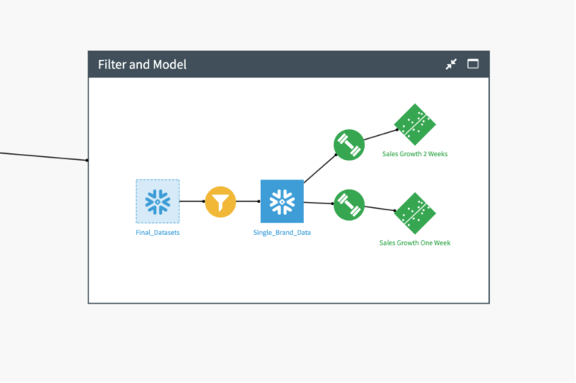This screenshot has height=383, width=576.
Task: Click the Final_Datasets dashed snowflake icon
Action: (157, 201)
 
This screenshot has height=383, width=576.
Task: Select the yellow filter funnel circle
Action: (220, 201)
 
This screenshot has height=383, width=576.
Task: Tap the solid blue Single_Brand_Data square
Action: (282, 201)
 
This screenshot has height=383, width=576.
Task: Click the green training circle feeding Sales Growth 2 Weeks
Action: (349, 145)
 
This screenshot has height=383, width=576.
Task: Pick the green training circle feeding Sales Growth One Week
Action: (349, 205)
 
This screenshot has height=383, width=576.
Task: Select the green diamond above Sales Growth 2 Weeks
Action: (415, 125)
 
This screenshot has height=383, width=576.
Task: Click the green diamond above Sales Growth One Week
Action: (415, 213)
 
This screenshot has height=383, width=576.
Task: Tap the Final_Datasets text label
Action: (157, 233)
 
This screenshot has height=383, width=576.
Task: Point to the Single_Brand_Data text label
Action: (282, 233)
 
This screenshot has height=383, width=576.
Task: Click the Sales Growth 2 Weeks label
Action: (415, 154)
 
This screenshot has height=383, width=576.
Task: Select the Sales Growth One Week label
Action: (415, 243)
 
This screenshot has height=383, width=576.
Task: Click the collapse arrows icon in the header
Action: (451, 64)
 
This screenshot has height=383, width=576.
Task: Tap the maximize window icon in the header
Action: (472, 64)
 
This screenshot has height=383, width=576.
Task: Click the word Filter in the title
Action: (112, 65)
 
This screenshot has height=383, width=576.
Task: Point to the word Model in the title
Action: (169, 65)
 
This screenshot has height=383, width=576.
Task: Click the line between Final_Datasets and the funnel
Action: (192, 201)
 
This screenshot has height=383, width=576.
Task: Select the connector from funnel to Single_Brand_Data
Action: (248, 201)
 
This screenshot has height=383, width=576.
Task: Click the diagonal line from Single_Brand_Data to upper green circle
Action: (320, 168)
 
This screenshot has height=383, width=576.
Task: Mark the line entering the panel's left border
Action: (43, 156)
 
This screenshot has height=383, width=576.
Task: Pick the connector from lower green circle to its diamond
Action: (379, 209)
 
